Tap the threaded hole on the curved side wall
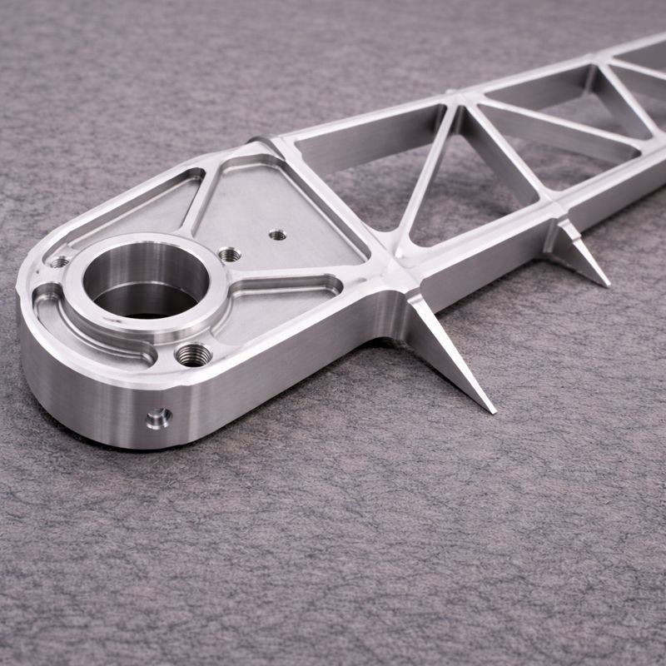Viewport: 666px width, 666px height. pyautogui.click(x=157, y=416)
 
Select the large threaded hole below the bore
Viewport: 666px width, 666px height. pyautogui.click(x=193, y=355)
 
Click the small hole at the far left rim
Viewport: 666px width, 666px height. pyautogui.click(x=58, y=262)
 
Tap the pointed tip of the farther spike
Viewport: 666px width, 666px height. pyautogui.click(x=605, y=284)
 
